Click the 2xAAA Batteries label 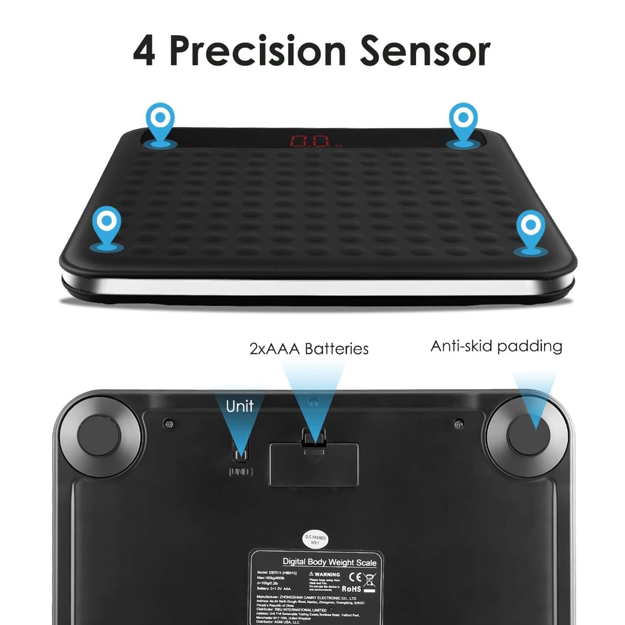(309, 348)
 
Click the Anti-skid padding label (496, 346)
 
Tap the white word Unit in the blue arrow (240, 406)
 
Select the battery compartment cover (314, 465)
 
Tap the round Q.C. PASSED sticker (315, 540)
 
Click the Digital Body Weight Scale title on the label (329, 562)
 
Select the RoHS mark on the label (351, 589)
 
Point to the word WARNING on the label (327, 574)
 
